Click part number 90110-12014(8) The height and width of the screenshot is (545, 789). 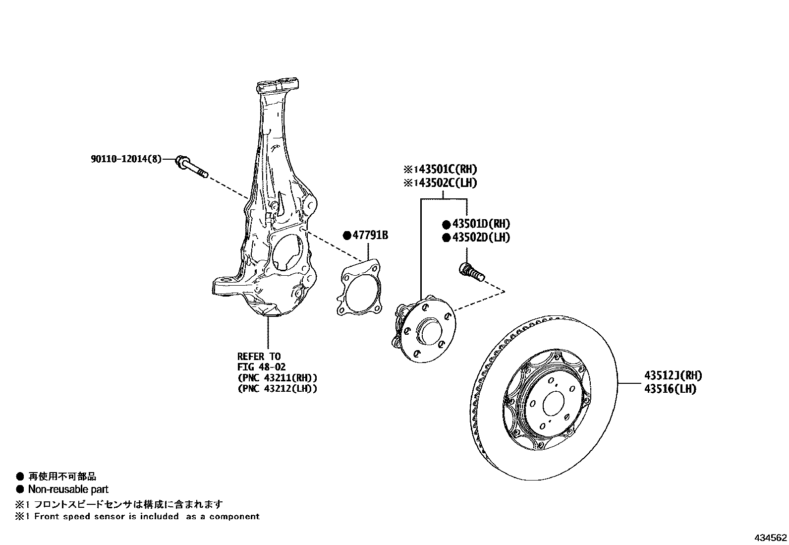coord(126,160)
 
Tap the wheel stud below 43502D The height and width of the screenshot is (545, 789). coord(472,273)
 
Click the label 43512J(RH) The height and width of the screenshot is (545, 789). coord(673,376)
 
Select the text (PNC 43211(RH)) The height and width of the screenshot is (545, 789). coord(277,378)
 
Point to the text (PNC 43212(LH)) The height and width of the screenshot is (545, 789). coord(277,389)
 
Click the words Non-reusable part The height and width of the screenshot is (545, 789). coord(68,489)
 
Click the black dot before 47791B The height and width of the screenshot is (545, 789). coord(347,235)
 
